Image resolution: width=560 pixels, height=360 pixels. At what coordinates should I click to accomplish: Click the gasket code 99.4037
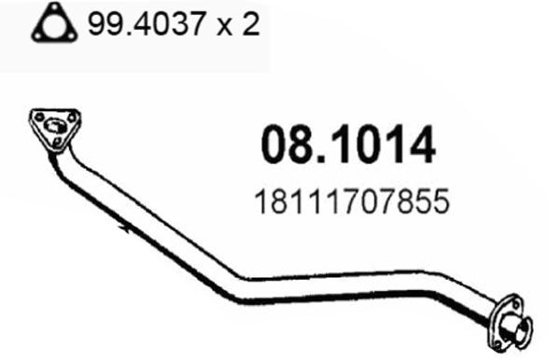147,23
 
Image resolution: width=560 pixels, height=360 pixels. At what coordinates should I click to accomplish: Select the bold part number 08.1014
348,145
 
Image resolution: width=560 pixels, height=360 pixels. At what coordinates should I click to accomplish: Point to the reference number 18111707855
352,201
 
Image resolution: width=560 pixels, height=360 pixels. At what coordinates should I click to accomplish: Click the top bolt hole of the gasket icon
54,8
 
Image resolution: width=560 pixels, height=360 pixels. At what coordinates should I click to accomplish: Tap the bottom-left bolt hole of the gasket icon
37,36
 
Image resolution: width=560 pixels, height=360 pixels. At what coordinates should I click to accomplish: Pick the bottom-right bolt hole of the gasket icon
72,36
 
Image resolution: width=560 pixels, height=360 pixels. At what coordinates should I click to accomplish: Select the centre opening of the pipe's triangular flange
54,126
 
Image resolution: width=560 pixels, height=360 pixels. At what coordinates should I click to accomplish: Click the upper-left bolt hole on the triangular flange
39,117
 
